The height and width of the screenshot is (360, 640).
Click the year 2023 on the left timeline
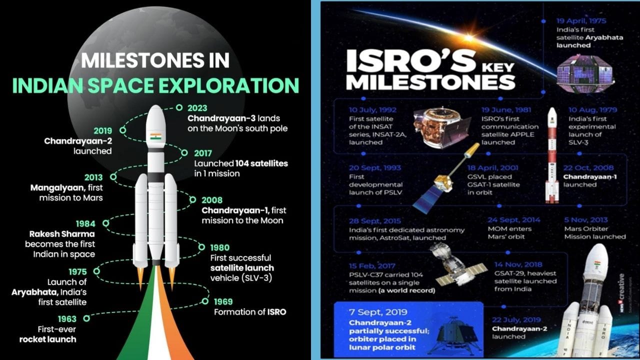click(x=197, y=108)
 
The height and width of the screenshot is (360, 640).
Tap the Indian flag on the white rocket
click(x=156, y=136)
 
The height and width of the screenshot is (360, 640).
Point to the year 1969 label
click(x=223, y=301)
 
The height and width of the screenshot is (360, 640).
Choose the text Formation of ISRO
click(x=250, y=312)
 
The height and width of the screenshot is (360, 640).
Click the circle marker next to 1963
click(x=86, y=318)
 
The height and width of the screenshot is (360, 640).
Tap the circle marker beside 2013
click(x=113, y=176)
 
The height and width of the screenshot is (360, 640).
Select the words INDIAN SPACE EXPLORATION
click(x=155, y=85)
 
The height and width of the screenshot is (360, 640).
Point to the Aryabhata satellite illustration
click(x=578, y=73)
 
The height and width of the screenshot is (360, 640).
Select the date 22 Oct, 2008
click(x=589, y=168)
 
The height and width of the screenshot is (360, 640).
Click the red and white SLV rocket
click(x=552, y=155)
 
